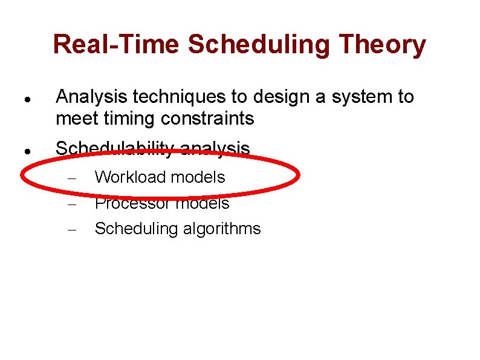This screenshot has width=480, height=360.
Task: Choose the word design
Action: (x=276, y=97)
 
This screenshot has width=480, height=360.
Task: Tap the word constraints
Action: (x=207, y=119)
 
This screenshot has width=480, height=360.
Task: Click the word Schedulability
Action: (x=115, y=148)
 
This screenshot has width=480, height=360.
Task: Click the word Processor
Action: (x=131, y=203)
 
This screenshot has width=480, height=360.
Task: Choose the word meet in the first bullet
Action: (x=74, y=119)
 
